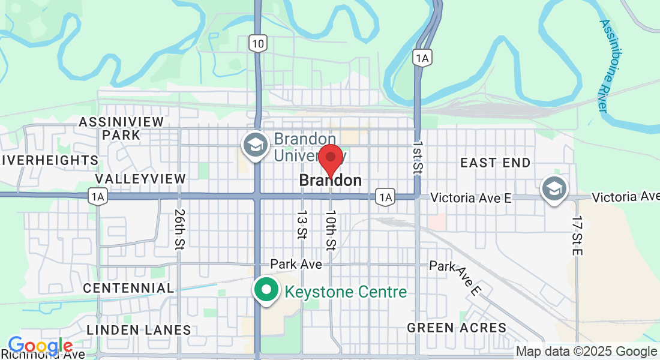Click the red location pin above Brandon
point(330,160)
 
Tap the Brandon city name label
point(330,180)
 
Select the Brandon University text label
point(310,147)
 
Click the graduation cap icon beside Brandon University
point(255,145)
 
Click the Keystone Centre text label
point(346,292)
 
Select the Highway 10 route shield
point(258,43)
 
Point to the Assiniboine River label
point(608,66)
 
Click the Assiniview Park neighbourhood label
point(121,128)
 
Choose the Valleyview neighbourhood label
point(140,179)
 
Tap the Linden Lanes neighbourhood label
point(139,330)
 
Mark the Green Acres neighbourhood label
point(457,328)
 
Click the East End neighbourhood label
point(495,163)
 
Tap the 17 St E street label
point(577,236)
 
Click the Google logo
point(40,346)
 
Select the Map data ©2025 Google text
point(586,352)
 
